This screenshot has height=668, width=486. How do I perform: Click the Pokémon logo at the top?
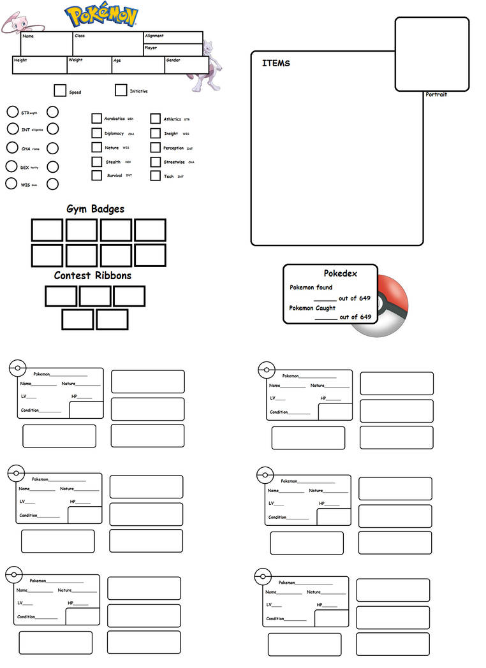tap(102, 17)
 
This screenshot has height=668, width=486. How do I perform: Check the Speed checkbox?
tap(60, 91)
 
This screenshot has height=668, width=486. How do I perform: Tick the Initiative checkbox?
tap(121, 91)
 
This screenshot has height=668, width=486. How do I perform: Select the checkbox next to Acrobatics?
tap(96, 119)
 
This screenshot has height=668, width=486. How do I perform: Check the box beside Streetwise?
tap(155, 162)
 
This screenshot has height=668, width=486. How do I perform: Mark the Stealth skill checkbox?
tap(96, 162)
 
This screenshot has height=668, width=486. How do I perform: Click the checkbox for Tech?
tap(155, 176)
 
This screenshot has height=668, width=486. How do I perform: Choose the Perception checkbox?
tap(155, 148)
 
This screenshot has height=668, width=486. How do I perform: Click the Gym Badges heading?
tap(96, 209)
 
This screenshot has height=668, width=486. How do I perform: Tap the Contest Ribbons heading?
tap(92, 275)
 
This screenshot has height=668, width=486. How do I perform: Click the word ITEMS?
tap(276, 63)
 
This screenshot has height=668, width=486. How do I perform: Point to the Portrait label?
tap(436, 94)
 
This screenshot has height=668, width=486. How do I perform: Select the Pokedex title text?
tap(340, 273)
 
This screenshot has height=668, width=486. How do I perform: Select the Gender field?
tap(186, 65)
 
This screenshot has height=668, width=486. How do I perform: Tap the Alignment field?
tap(173, 38)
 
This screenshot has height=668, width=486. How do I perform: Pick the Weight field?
tap(89, 65)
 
